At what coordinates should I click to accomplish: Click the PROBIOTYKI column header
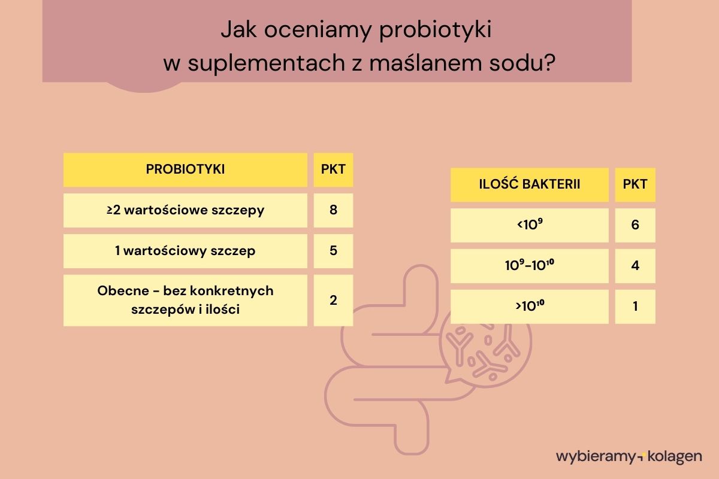point(185,169)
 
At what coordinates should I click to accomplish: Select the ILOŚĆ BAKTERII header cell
point(529,184)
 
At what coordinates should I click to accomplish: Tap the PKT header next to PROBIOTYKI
point(333,169)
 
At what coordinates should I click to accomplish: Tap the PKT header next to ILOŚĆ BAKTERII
point(635,184)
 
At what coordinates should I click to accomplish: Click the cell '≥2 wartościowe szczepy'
point(185,210)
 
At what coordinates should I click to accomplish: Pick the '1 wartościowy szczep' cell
point(185,251)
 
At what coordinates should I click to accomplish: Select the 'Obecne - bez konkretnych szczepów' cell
point(185,300)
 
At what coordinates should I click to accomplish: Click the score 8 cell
point(333,210)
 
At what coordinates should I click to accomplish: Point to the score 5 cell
point(333,251)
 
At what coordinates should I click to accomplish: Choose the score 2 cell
point(333,300)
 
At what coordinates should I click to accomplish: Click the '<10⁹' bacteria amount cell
point(529,225)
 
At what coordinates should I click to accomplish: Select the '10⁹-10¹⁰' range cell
point(529,266)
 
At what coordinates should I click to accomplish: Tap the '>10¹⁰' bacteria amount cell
point(529,307)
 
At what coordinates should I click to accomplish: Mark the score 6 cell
point(635,225)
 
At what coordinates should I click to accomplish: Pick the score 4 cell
point(635,266)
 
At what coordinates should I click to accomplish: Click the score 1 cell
point(635,307)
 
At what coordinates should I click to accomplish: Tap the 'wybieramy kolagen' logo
point(629,456)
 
